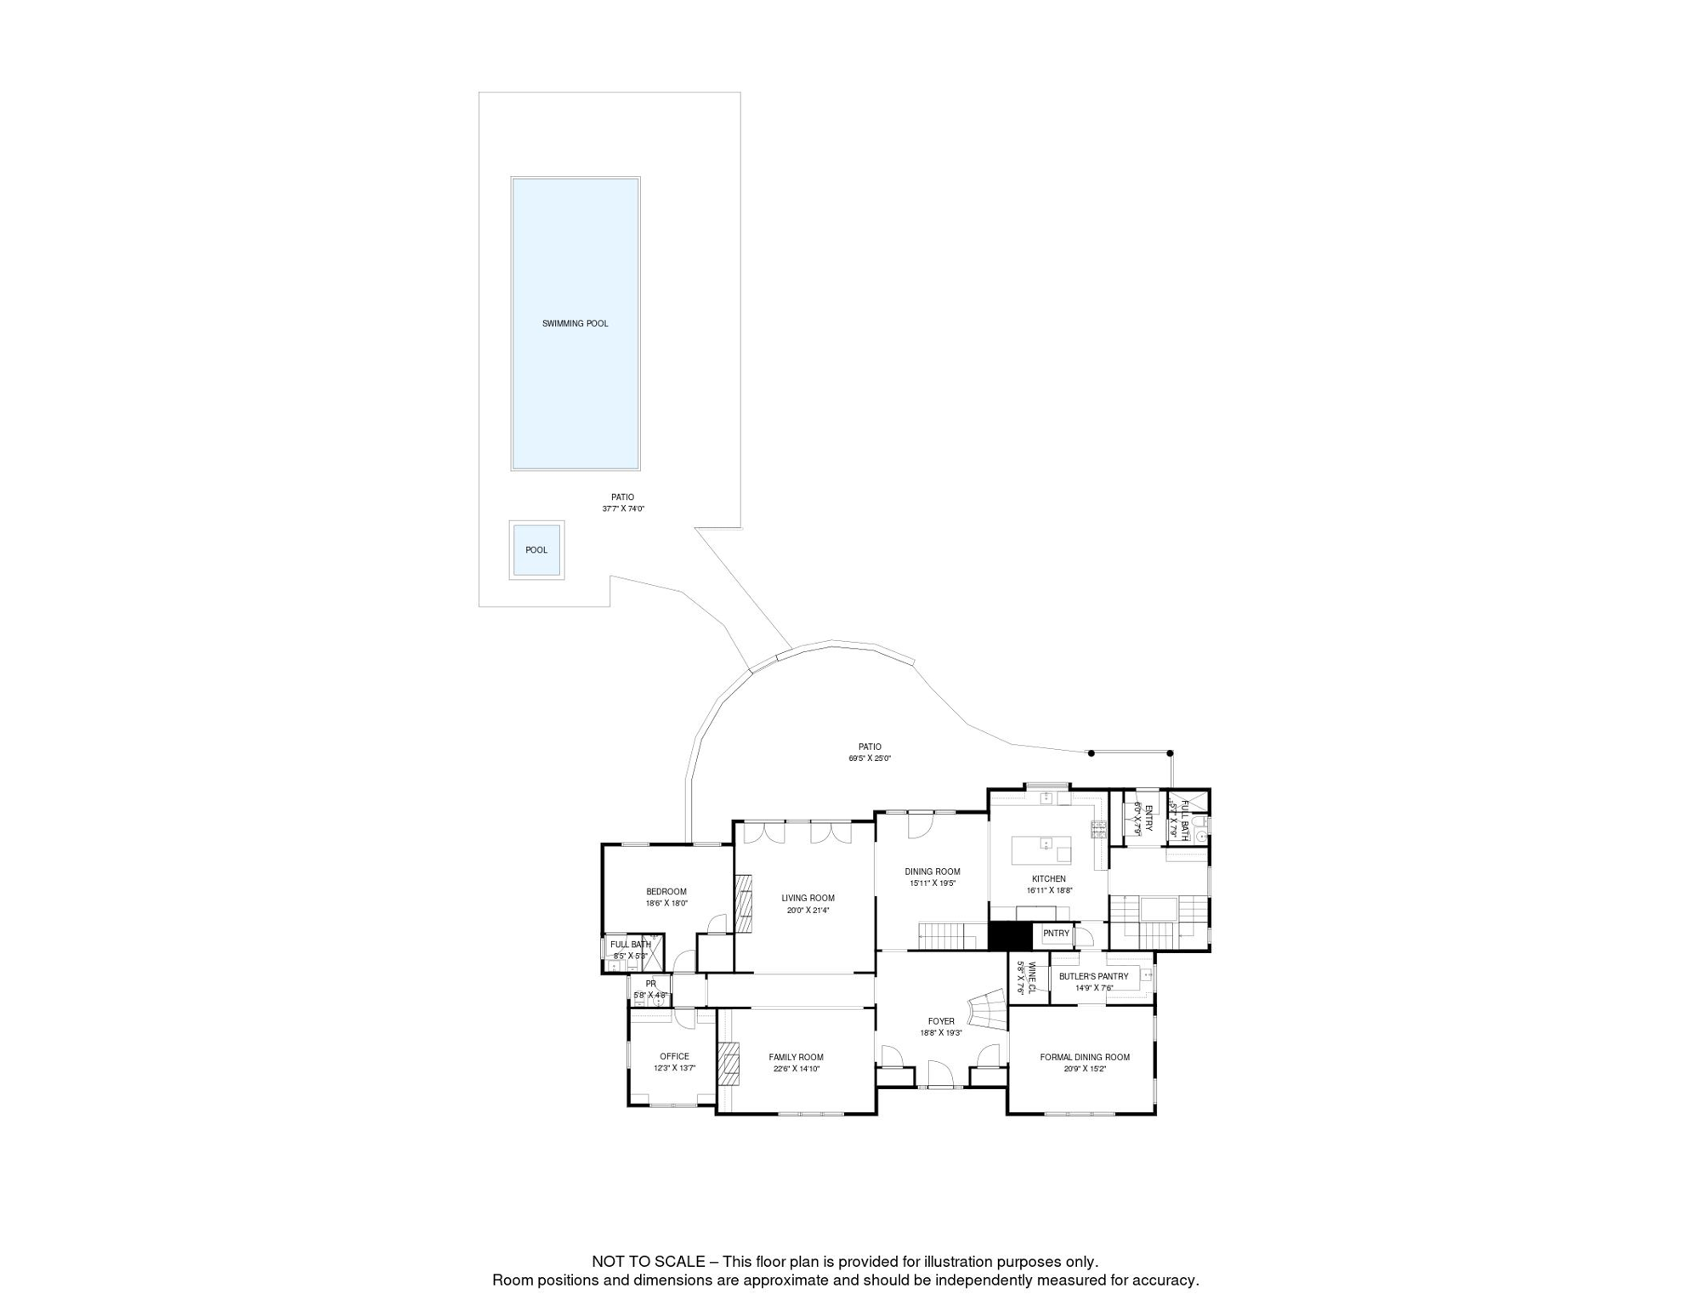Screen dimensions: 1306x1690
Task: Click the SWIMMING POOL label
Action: coord(575,323)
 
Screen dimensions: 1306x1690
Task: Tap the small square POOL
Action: coord(536,550)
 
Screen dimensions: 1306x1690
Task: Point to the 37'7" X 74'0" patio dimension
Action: coord(623,508)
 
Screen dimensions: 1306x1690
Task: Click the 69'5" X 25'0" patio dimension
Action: coord(869,758)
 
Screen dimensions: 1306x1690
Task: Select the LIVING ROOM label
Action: coord(808,898)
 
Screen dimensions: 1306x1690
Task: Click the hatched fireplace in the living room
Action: coord(744,904)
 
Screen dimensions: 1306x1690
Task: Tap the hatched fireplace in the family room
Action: coord(729,1063)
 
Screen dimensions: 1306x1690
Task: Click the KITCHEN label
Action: coord(1048,879)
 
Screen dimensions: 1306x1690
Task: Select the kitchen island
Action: coord(1041,850)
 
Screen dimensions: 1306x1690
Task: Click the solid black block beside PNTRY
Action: coord(1009,936)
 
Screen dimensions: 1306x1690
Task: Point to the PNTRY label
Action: coord(1056,934)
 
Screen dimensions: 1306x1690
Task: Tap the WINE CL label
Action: coord(1031,978)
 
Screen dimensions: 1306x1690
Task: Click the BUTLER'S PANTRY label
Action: coord(1093,977)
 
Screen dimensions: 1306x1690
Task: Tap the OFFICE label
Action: coord(674,1057)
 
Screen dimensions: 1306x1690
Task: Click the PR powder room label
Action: coord(650,984)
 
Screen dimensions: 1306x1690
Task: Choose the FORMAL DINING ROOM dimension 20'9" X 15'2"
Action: coord(1085,1069)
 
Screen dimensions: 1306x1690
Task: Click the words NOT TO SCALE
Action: coord(648,1262)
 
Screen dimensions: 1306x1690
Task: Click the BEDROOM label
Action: coord(666,892)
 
